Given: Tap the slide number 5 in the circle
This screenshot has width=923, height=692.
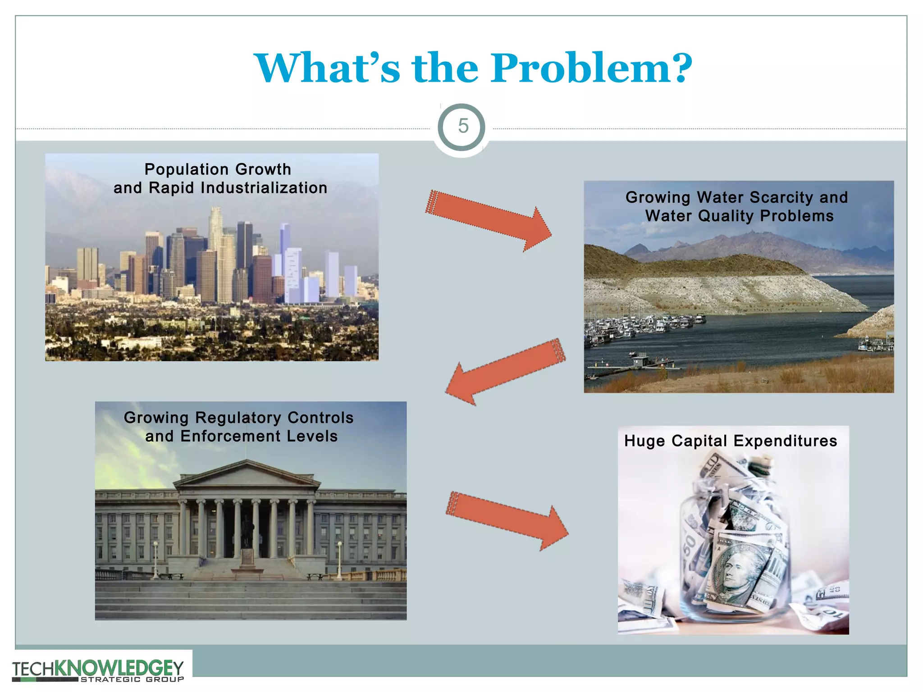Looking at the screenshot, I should click(x=463, y=126).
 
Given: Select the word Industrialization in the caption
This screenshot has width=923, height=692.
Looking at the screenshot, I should click(x=264, y=188).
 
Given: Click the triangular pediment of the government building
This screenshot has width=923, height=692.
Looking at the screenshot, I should click(x=247, y=474).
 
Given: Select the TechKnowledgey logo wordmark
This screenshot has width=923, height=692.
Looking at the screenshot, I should click(x=98, y=667).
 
